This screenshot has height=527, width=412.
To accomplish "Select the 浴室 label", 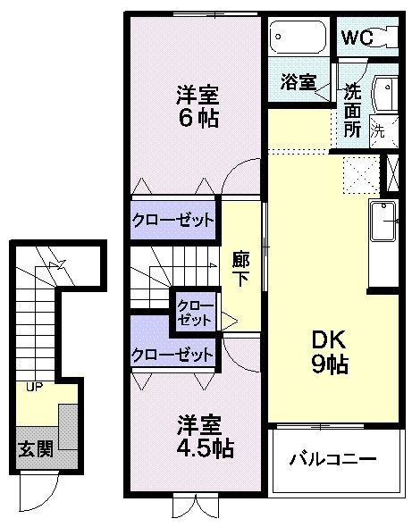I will tap(298, 82).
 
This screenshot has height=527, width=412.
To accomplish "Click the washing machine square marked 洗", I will tap(379, 130).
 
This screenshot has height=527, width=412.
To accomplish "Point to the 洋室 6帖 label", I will tap(197, 106).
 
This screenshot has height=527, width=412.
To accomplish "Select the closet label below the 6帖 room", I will tap(173, 219).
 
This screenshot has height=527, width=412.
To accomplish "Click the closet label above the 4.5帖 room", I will tap(173, 355).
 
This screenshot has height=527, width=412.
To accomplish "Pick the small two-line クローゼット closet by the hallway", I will tap(195, 310).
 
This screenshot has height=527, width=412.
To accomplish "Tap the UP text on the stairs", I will tap(34, 387).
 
